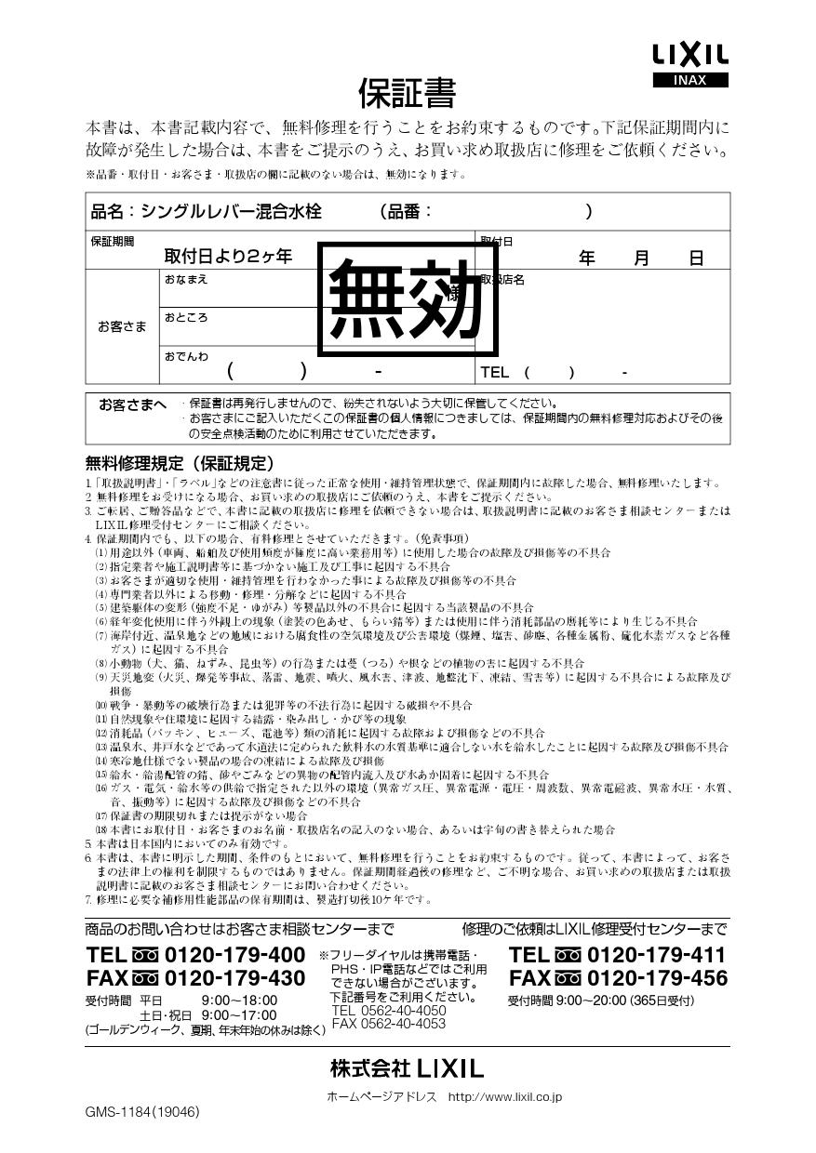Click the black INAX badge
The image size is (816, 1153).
pos(690,80)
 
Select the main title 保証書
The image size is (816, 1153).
pos(407,93)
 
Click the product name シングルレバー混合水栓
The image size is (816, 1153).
pos(231,212)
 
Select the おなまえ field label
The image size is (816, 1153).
pos(186,279)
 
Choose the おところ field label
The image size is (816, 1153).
pos(186,317)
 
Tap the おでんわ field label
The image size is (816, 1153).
pos(186,356)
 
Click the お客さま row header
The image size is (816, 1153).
pos(122,326)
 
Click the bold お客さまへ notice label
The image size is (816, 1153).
pos(132,404)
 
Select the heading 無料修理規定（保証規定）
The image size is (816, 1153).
pos(179,463)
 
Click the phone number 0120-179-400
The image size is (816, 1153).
pos(234,955)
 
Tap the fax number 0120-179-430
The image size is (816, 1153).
pos(234,978)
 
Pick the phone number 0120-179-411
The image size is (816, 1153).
pos(657,955)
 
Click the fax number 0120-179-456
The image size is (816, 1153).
pos(657,978)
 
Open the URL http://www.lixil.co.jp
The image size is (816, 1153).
pos(504,1097)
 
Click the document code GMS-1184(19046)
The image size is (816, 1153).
pos(141,1111)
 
